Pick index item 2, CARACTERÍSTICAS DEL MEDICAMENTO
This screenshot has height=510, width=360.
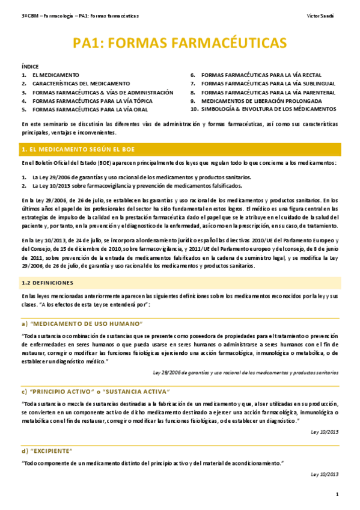81,84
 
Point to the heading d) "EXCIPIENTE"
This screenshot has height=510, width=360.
47,450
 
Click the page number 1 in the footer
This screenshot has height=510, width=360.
337,494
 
